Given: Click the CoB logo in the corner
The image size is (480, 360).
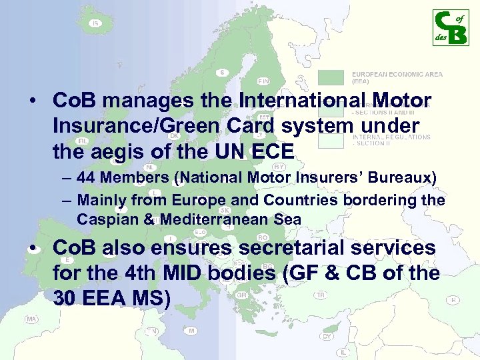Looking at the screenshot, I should (x=450, y=27).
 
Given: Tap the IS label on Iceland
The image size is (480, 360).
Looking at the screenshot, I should (x=96, y=24).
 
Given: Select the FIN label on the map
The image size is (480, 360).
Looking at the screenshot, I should (x=263, y=81).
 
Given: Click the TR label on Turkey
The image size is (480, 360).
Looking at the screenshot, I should (x=321, y=295).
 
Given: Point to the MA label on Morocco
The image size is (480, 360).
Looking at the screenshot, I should (x=31, y=319).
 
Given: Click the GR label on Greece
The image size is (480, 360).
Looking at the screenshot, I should (x=242, y=294).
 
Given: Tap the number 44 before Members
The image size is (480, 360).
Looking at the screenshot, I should (x=85, y=179).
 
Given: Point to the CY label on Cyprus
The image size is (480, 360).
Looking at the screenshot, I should (x=327, y=336).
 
